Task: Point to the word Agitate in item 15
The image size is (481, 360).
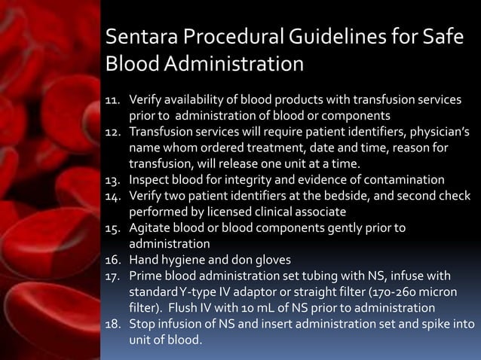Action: click(150, 227)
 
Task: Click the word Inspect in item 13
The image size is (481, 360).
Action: click(150, 179)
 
